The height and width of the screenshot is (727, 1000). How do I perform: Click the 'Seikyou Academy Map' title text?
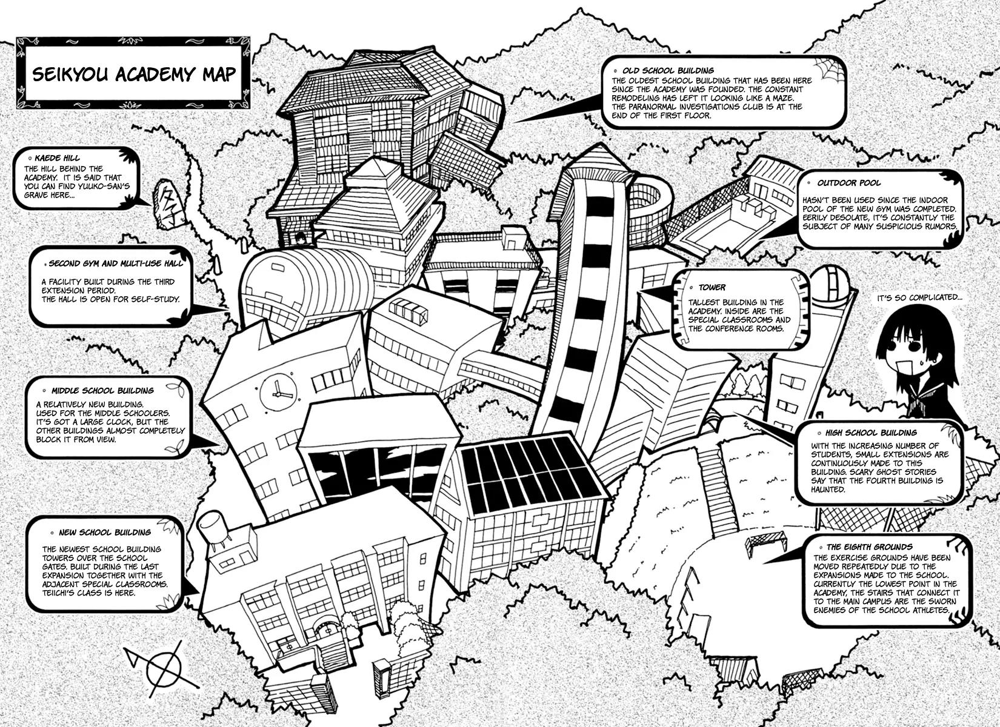coord(133,74)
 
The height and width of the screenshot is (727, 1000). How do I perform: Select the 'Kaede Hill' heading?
coord(57,158)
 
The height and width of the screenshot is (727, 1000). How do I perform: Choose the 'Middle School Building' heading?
coord(102,391)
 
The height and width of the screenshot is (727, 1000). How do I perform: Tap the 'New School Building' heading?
coord(104,533)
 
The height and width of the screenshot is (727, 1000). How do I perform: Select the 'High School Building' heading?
coord(870,433)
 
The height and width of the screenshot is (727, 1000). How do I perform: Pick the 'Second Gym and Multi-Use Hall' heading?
coord(116,264)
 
